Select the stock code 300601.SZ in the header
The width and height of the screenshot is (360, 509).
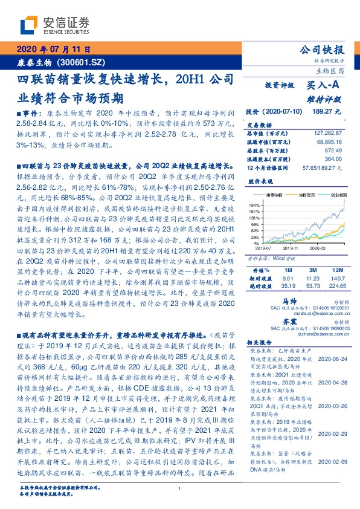click(x=88, y=62)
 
